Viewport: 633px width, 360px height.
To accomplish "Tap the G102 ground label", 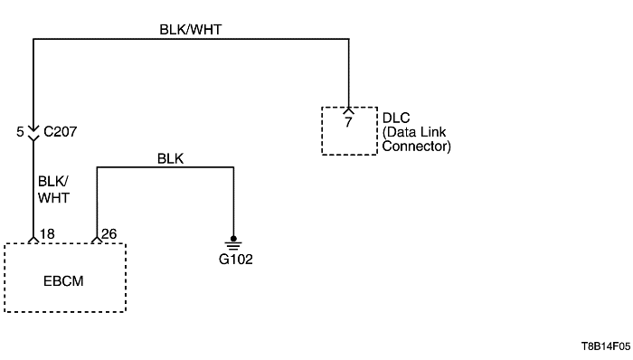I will coord(234,259).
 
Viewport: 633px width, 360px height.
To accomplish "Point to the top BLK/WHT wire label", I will coord(190,29).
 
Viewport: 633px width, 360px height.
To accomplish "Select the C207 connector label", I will coord(61,131).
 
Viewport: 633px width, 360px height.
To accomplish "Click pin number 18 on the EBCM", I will coord(48,233).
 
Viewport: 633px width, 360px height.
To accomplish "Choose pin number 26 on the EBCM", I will coord(110,233).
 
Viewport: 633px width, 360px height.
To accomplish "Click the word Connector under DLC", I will coord(417,145).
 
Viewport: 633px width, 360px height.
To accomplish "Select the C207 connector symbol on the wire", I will coord(33,132).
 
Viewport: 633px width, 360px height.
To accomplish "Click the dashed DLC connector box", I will coord(349,130).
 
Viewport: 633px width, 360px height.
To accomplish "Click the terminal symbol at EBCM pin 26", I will coord(96,240).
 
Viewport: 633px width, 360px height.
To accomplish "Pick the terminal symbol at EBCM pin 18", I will coord(33,240).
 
